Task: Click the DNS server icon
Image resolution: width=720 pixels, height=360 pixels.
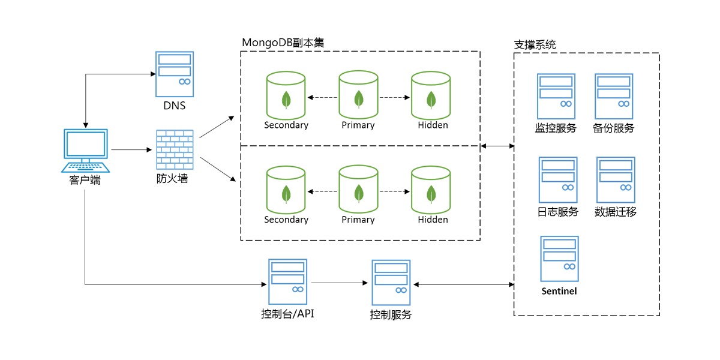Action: (x=175, y=74)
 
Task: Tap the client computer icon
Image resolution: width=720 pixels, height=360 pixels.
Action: (x=86, y=150)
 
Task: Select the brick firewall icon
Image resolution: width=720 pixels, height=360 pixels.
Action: (x=175, y=149)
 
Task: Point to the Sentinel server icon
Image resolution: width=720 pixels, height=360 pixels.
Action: (x=559, y=259)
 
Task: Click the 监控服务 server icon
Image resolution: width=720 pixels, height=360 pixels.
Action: (x=556, y=96)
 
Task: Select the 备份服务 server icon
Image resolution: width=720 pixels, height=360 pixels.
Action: (x=614, y=96)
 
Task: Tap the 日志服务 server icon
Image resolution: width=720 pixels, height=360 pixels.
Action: (x=558, y=179)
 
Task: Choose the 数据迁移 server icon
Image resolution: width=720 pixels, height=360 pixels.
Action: (x=616, y=179)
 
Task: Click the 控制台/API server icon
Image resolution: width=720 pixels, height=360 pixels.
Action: (x=287, y=281)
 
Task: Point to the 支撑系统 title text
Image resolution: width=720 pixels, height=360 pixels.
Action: (x=535, y=44)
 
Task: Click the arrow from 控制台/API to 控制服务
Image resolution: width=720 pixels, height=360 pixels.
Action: (x=339, y=282)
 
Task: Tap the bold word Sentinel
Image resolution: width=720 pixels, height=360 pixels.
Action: (x=559, y=291)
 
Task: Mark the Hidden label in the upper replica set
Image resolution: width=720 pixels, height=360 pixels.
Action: (x=433, y=125)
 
